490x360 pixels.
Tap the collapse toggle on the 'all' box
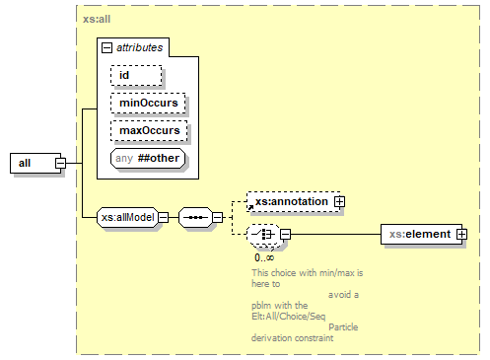60,163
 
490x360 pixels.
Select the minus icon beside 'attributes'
106,46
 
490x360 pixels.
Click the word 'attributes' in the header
140,46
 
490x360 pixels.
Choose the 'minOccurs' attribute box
148,102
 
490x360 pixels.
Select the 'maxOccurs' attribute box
148,129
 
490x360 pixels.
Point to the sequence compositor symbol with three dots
196,217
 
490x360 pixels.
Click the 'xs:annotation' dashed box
290,201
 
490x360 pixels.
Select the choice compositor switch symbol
263,235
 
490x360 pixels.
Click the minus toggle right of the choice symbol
286,235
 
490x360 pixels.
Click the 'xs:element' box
418,235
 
